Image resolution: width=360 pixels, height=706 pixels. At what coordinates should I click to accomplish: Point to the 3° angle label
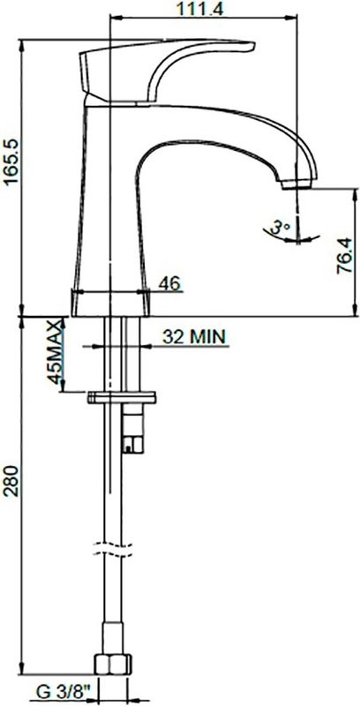click(x=281, y=228)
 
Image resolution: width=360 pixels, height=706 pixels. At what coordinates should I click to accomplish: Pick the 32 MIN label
click(x=193, y=335)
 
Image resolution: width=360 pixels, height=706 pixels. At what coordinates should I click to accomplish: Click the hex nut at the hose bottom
click(x=113, y=662)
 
